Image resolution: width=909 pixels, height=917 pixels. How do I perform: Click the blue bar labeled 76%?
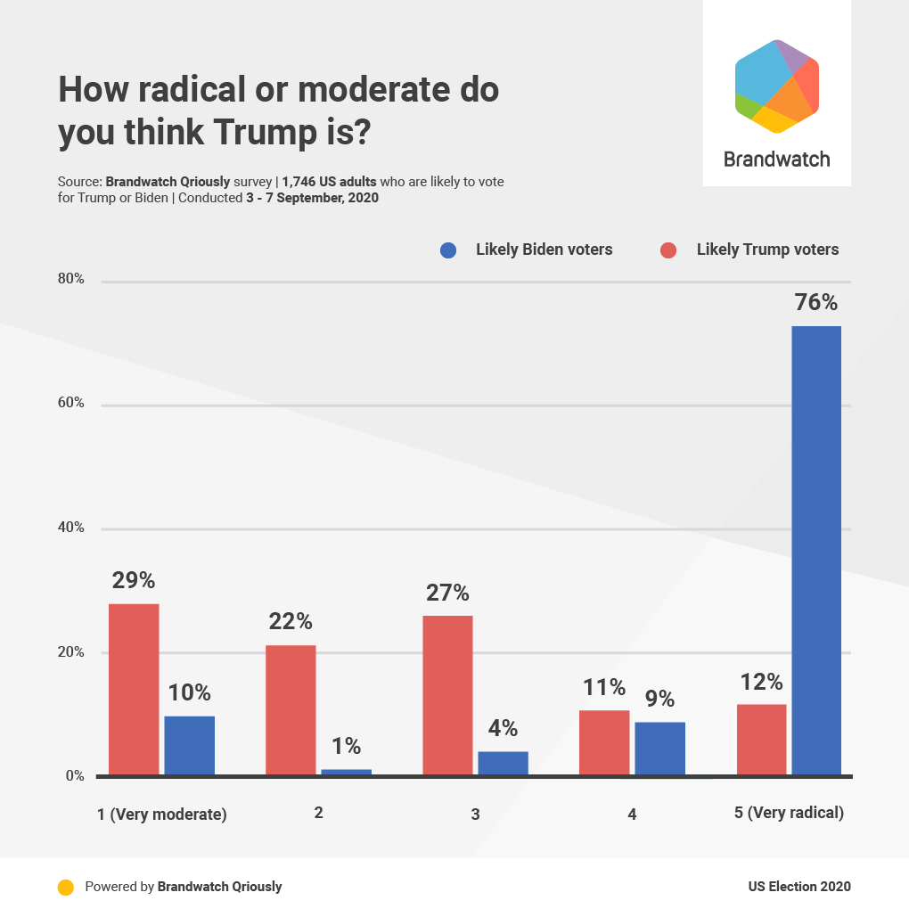click(815, 550)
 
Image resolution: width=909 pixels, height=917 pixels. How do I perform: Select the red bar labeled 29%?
click(134, 689)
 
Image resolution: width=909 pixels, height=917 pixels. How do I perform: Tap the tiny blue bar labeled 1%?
click(346, 772)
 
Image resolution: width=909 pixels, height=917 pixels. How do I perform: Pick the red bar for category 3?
click(447, 695)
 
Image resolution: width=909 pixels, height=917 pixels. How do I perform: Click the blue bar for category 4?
click(659, 749)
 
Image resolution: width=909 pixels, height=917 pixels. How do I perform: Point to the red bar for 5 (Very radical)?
click(761, 740)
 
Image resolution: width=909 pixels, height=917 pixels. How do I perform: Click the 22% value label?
click(291, 621)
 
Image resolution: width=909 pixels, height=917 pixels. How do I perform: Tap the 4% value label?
click(503, 728)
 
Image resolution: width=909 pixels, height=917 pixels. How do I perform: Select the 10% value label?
click(189, 692)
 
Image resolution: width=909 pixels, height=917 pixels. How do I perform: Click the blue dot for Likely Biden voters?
click(449, 250)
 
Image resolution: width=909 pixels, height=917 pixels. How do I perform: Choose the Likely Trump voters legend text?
click(767, 250)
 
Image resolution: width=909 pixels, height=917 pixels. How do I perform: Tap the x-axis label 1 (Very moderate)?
click(161, 814)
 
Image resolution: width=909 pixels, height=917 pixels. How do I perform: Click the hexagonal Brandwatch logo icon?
click(776, 86)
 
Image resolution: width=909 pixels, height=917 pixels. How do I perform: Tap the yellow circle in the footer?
click(65, 887)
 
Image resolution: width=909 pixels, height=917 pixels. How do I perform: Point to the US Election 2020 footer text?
click(798, 887)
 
